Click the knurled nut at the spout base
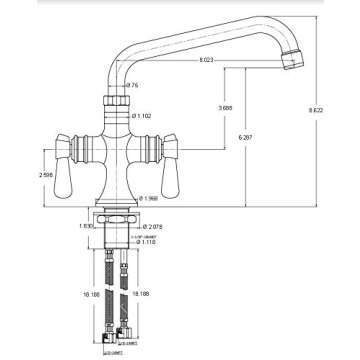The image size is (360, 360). coord(116,102)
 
